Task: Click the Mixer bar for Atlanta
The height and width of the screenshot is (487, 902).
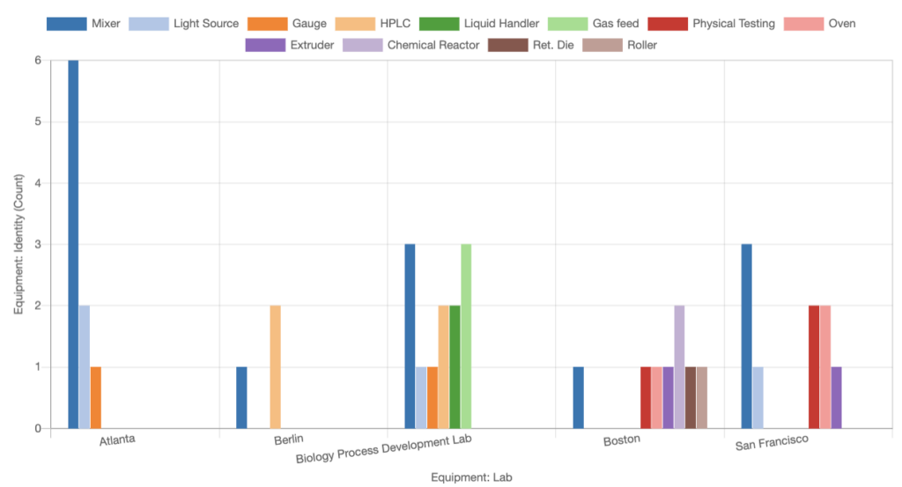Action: point(73,244)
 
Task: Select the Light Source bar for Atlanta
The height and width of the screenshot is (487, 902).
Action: point(85,367)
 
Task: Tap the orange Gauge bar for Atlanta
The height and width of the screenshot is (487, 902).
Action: point(95,398)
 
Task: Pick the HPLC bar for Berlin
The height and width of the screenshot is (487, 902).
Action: point(276,367)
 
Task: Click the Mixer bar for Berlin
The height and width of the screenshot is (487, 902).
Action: point(241,398)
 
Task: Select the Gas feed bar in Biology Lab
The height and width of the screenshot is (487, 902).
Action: point(466,336)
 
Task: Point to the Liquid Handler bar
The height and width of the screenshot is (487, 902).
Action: point(455,367)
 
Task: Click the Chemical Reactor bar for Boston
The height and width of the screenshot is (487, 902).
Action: point(679,367)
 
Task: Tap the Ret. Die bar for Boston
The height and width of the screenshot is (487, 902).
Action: point(691,398)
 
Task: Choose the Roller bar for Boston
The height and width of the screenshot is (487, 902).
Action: point(702,398)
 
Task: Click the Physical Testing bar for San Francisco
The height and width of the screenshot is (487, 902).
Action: point(814,367)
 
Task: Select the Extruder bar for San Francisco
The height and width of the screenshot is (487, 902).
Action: point(837,398)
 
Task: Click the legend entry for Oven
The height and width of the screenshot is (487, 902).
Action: point(820,24)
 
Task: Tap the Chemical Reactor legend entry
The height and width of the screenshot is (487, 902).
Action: point(410,45)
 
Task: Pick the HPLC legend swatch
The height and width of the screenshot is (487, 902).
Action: point(355,24)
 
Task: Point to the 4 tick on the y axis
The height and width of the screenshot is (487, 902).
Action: point(38,183)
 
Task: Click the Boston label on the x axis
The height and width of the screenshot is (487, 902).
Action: point(621,440)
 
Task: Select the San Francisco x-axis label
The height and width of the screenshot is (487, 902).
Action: point(772,443)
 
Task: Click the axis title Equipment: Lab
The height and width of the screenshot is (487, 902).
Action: point(471,477)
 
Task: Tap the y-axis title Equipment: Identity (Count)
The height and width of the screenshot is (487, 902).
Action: point(19,244)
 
